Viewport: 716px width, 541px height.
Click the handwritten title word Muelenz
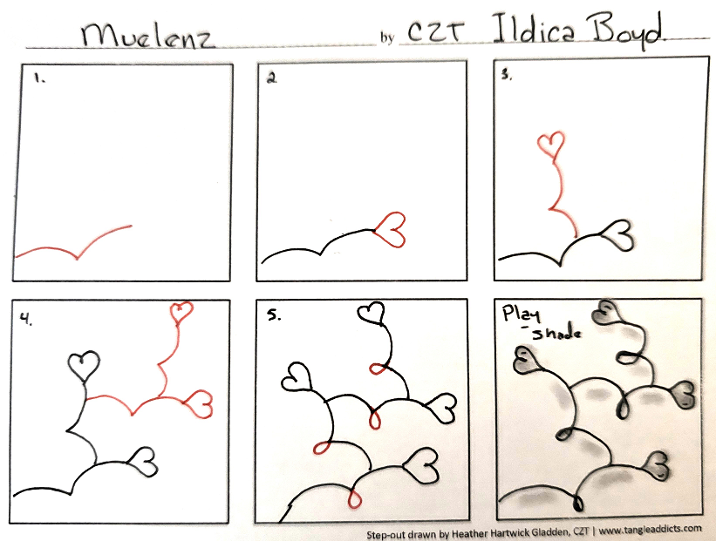pos(147,36)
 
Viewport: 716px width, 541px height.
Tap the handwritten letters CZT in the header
pos(435,32)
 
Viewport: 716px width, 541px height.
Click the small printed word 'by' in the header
pos(386,37)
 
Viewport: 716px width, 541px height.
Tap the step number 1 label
pos(39,78)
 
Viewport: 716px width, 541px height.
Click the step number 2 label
pos(272,78)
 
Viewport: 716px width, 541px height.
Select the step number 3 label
pos(506,75)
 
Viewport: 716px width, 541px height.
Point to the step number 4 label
pos(26,320)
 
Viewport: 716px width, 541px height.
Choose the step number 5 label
pos(274,315)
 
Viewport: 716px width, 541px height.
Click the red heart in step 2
pos(391,229)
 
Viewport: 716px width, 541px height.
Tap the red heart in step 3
pos(551,145)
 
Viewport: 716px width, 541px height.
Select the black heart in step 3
pos(617,234)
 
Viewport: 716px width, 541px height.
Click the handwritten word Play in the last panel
pos(521,314)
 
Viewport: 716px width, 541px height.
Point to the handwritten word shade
pos(556,334)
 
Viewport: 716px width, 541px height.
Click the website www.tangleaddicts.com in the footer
pos(650,530)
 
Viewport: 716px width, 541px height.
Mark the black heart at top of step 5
pos(371,314)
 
